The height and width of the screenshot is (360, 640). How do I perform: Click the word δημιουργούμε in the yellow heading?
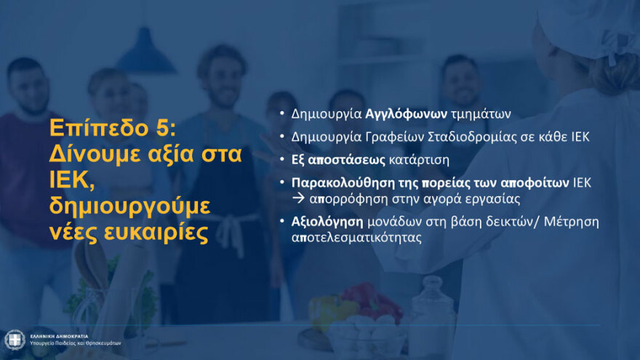coord(129,207)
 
